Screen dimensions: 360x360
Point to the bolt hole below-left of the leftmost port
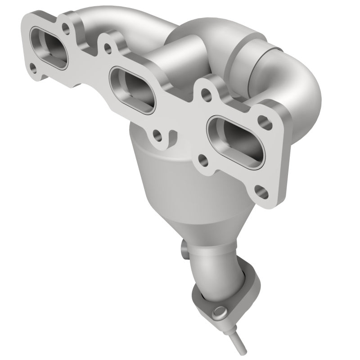[x=33, y=67]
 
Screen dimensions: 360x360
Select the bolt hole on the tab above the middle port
[x=107, y=46]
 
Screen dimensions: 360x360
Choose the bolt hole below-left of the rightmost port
[x=203, y=158]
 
